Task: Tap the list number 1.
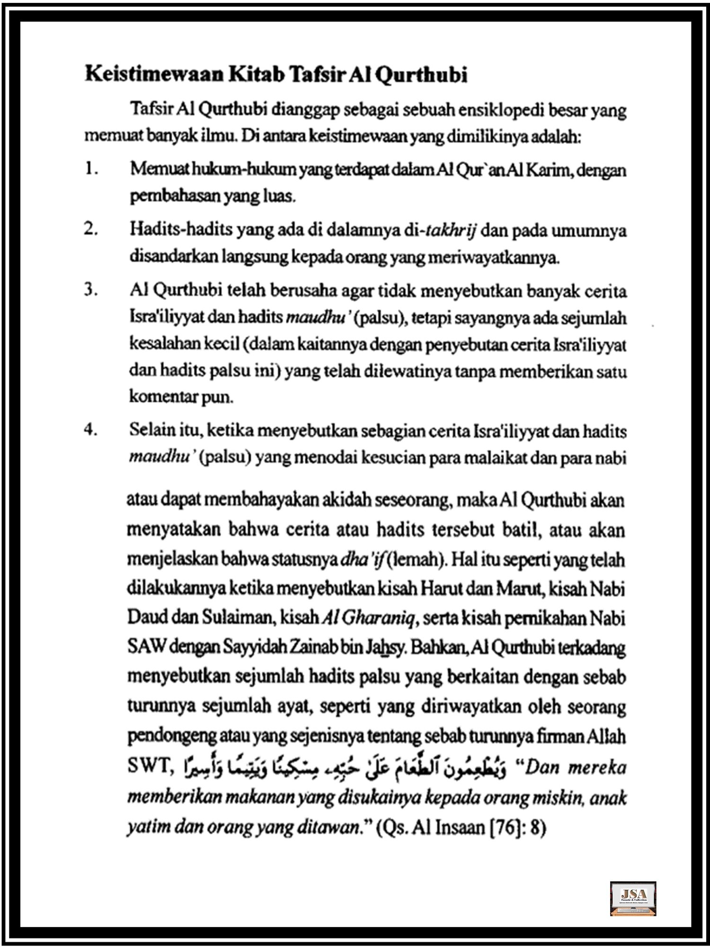[91, 169]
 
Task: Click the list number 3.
[91, 290]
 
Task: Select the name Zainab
[312, 647]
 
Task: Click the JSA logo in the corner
[633, 898]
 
